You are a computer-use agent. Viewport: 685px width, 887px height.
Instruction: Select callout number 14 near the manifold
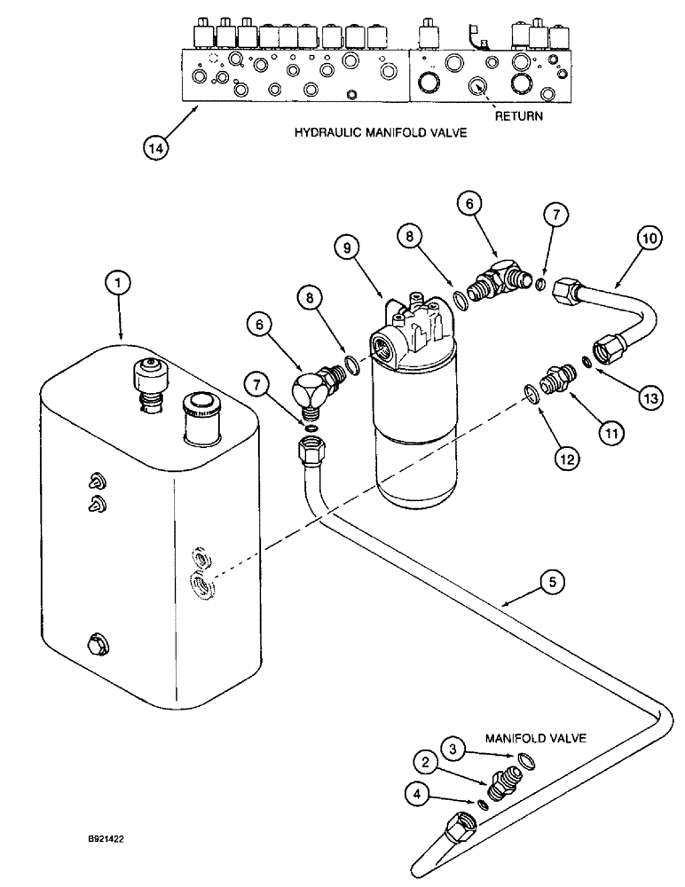tap(156, 147)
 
